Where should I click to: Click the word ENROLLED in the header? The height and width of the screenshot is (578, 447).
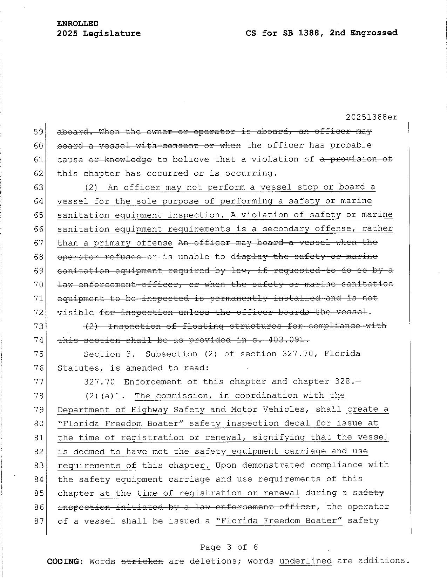click(x=77, y=24)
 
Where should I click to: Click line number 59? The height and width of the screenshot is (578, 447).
click(x=38, y=132)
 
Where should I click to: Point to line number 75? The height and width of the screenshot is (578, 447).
click(x=38, y=354)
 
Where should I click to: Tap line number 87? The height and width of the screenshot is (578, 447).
click(x=38, y=521)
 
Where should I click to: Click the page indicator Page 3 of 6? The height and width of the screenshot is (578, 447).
click(x=229, y=547)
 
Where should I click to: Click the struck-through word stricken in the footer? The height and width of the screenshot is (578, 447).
click(x=142, y=561)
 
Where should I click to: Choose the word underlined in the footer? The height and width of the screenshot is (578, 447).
click(x=305, y=561)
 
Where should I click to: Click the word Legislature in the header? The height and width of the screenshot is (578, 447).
click(x=112, y=34)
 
